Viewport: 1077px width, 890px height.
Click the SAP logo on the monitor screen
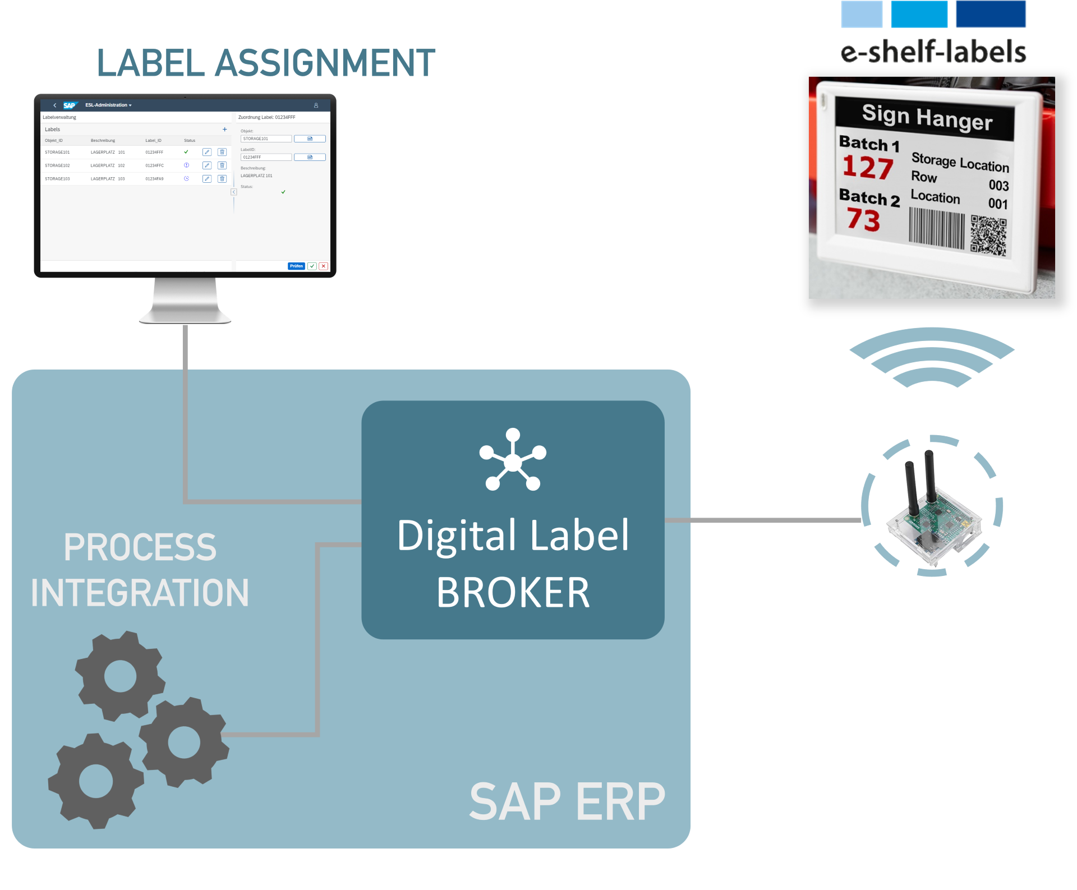pos(70,105)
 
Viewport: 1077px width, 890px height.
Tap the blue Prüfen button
pos(296,266)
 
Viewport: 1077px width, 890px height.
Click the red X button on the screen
pos(324,266)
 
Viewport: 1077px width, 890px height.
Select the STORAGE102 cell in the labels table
pos(57,165)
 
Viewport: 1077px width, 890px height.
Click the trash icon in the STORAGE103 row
pos(222,179)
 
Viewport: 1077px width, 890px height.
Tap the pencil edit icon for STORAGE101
pos(207,152)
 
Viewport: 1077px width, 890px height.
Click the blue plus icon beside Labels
pos(225,130)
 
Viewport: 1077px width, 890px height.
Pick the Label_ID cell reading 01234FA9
pos(154,179)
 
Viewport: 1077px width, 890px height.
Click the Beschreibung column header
pos(103,141)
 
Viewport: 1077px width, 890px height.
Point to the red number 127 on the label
pos(868,168)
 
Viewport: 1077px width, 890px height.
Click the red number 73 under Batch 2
pos(864,220)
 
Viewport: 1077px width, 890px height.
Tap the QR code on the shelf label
pos(988,236)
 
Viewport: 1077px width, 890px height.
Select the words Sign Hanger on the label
pos(927,118)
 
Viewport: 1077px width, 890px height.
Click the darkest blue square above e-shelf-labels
pos(991,14)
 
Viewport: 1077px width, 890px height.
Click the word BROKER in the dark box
pos(513,593)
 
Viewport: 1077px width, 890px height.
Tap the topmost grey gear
pos(120,676)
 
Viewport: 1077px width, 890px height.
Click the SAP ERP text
pos(567,802)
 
